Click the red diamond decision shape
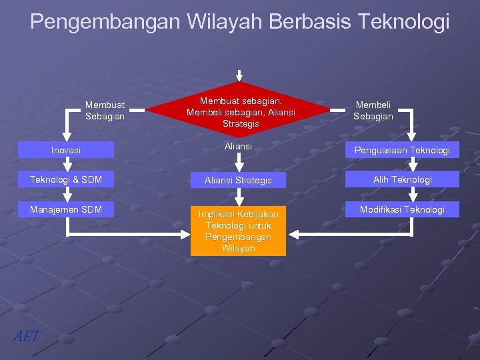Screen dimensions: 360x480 [x=240, y=111]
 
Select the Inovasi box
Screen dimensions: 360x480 [x=66, y=150]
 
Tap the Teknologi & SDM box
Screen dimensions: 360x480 [x=66, y=179]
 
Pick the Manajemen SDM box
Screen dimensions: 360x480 [x=66, y=209]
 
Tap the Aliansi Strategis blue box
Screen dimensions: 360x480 [x=238, y=180]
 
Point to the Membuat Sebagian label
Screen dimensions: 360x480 [x=105, y=110]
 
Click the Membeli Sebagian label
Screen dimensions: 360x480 [x=373, y=110]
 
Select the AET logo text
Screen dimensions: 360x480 [x=27, y=336]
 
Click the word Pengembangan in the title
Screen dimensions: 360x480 [x=105, y=22]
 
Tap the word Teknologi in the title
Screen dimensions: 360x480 [x=404, y=22]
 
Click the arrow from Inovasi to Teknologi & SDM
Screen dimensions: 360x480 [x=67, y=164]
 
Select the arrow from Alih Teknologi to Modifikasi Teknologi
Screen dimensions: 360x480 [x=413, y=194]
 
